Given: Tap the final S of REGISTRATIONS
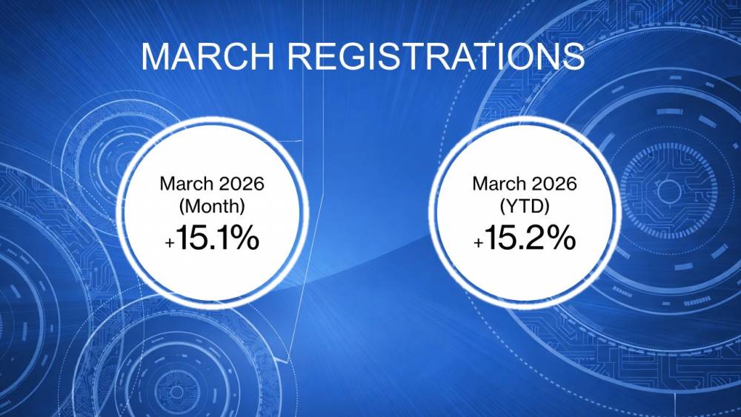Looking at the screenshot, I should [x=572, y=56].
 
